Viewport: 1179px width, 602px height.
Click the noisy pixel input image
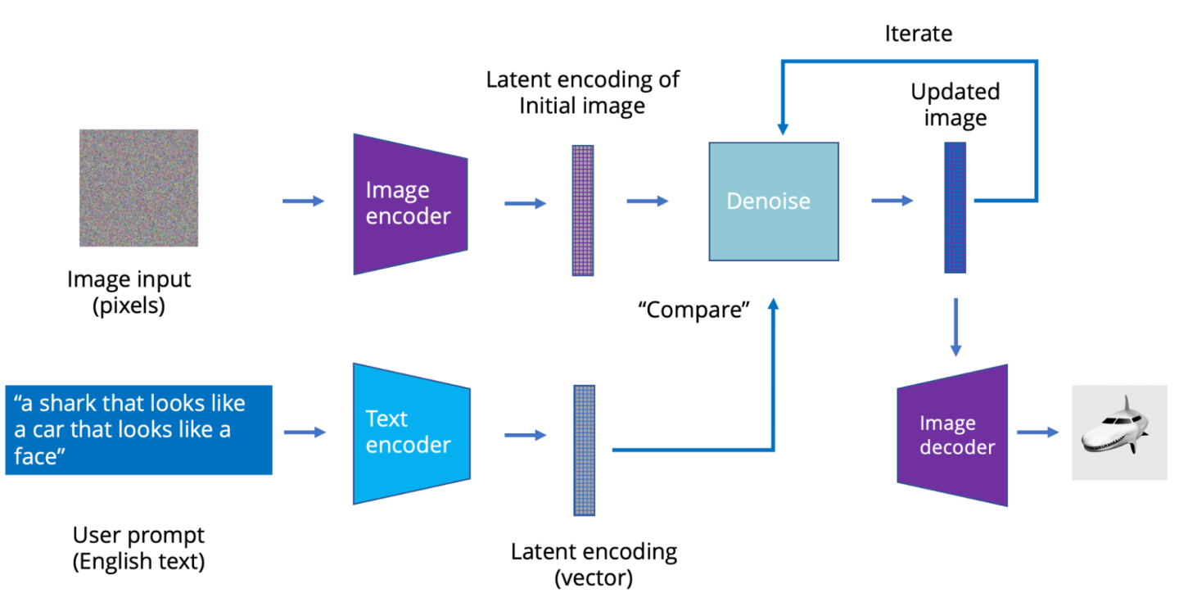point(138,188)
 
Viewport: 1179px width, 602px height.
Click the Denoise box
point(773,201)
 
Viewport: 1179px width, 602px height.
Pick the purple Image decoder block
point(952,435)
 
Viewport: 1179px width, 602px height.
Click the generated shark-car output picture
point(1119,432)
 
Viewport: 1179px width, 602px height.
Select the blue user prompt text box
point(138,430)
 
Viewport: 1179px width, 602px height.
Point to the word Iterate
point(918,34)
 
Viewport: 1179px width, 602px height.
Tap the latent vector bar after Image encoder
point(582,210)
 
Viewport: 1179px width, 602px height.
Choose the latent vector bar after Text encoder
point(584,450)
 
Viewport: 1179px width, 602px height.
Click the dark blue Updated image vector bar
point(955,207)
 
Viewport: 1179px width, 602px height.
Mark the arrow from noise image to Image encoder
point(303,201)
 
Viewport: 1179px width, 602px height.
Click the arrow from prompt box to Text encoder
point(304,432)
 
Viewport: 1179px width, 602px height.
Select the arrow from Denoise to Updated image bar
point(892,200)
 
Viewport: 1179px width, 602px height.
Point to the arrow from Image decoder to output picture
point(1037,432)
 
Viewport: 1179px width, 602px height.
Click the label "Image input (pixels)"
point(129,291)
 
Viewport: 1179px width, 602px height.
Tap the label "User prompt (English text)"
point(138,548)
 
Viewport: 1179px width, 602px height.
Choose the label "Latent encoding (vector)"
point(594,564)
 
